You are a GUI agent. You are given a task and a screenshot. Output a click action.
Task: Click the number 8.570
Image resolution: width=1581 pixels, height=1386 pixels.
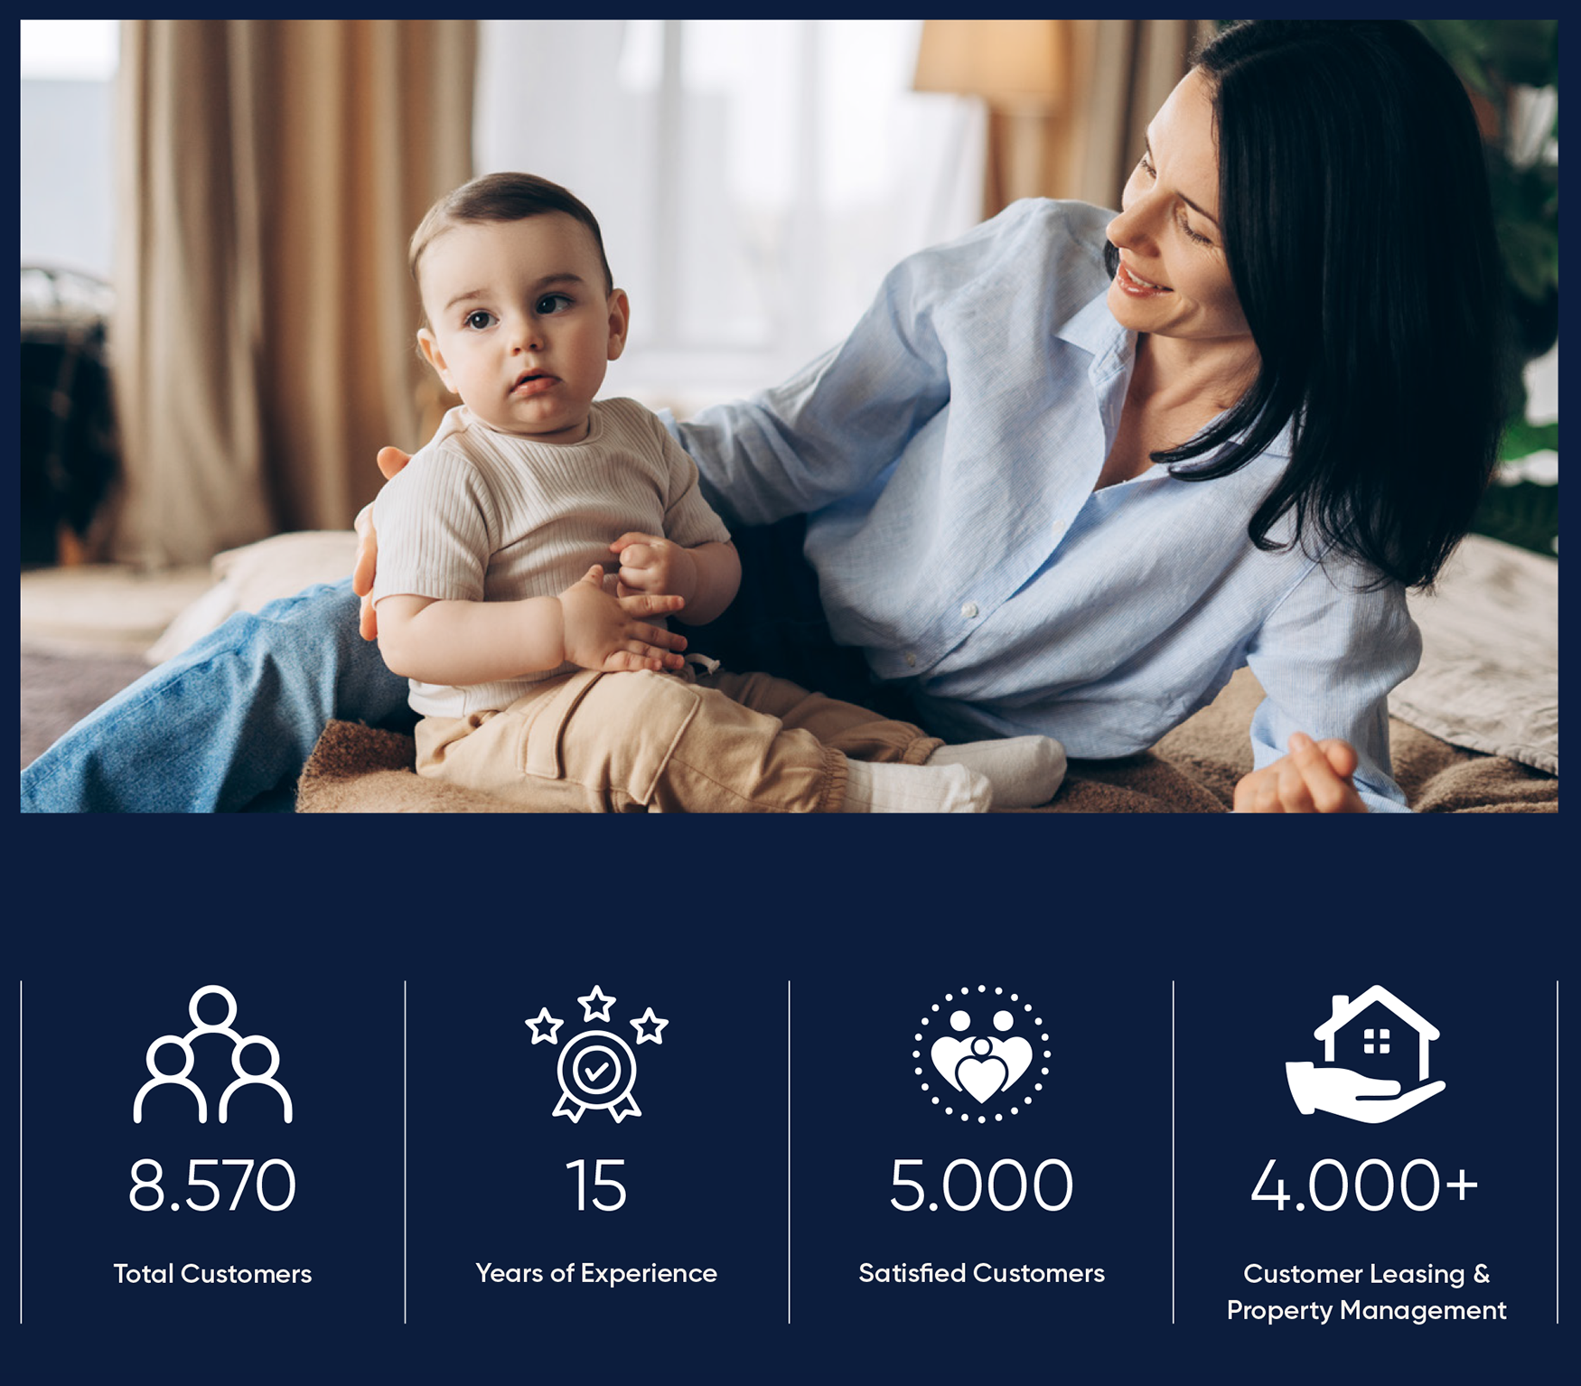point(212,1185)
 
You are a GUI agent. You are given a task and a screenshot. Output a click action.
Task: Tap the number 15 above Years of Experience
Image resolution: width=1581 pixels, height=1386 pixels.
point(596,1185)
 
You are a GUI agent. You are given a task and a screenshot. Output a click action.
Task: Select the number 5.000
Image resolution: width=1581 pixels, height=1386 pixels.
point(981,1185)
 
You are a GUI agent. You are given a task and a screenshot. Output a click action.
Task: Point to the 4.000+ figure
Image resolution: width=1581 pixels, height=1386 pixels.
point(1364,1185)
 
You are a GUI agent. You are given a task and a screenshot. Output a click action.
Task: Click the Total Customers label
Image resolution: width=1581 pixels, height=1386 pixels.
point(212,1274)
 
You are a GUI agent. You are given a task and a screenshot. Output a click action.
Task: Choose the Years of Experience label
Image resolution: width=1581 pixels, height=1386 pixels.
point(596,1274)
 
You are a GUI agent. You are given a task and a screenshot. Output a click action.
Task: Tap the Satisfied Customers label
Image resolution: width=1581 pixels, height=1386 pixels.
point(981,1273)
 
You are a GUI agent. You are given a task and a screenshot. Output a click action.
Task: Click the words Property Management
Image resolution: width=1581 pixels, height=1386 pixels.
point(1366,1311)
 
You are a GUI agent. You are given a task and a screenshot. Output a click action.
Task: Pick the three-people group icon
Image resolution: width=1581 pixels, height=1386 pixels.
point(212,1054)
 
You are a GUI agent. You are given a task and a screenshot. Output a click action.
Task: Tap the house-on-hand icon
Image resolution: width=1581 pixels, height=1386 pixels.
point(1365,1054)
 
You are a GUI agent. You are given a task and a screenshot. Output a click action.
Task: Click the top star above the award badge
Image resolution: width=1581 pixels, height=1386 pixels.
point(596,1003)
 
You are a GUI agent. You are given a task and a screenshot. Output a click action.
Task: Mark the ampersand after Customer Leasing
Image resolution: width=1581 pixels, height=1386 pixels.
point(1481,1273)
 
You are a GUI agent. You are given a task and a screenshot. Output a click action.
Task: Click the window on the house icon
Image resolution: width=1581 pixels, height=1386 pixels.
point(1377,1041)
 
